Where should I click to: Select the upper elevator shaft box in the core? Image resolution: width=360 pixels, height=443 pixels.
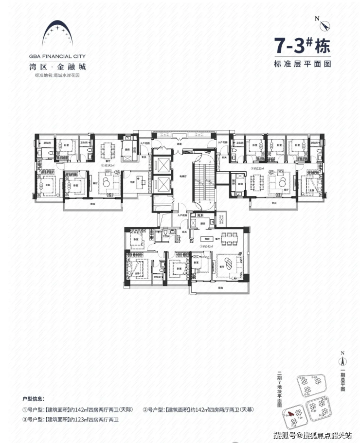click(161, 164)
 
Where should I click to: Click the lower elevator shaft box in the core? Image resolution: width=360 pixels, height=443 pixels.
click(161, 185)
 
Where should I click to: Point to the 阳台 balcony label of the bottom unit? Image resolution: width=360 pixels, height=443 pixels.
click(220, 288)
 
